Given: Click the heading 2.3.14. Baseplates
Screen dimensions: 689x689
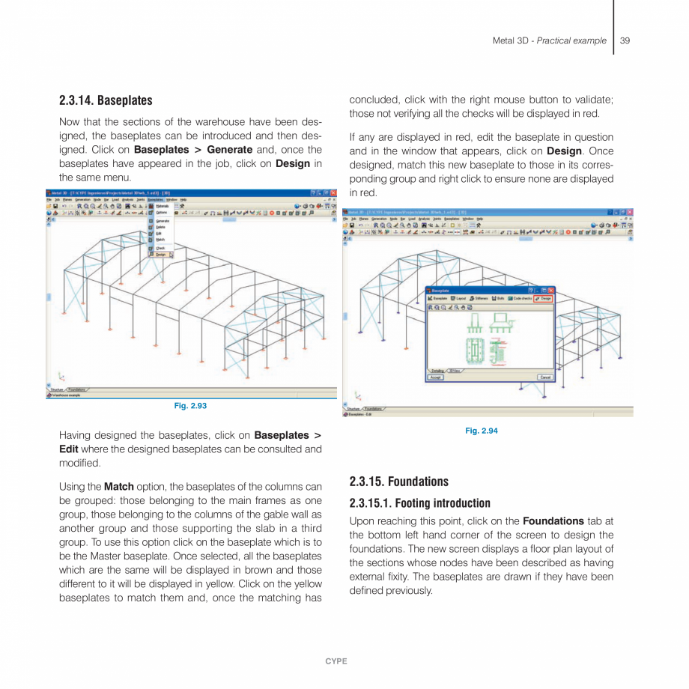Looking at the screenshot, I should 106,100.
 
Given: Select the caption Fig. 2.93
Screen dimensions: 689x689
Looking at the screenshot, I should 190,405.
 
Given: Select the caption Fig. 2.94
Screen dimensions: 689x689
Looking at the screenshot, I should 481,431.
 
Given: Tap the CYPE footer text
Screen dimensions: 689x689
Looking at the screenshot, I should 336,661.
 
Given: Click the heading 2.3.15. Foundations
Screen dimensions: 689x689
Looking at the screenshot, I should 399,482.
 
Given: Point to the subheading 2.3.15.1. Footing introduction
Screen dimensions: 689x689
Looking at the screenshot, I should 420,503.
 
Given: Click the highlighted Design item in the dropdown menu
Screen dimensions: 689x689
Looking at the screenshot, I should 161,255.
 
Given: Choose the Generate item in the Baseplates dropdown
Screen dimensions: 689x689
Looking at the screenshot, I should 162,221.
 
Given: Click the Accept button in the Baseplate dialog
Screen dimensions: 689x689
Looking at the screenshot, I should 436,377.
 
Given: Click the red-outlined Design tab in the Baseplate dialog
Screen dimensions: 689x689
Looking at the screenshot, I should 543,298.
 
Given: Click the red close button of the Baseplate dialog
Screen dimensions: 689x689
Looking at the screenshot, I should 550,290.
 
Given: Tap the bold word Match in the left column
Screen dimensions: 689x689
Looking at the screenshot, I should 118,487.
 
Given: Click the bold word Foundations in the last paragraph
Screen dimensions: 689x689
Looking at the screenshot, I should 553,520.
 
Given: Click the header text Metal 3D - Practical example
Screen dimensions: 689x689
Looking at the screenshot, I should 549,40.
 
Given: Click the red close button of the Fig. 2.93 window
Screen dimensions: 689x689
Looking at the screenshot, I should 333,192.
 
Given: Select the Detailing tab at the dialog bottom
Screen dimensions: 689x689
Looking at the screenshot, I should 437,370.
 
